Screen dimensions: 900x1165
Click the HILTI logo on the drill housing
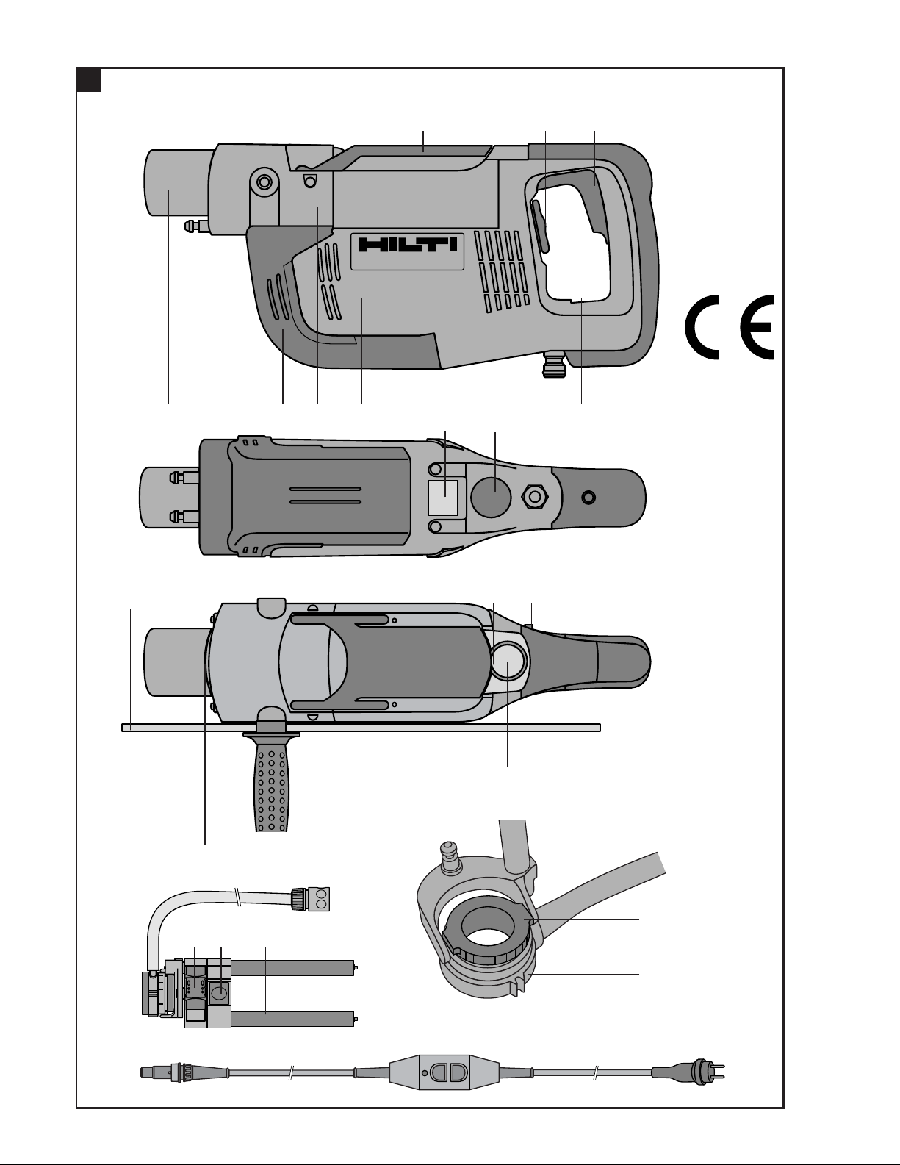click(408, 245)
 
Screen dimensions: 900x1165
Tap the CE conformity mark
click(730, 327)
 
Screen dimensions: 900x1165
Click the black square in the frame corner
click(88, 80)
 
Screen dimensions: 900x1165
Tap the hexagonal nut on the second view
click(534, 497)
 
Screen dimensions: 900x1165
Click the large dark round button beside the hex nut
click(491, 497)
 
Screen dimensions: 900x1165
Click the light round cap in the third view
click(508, 661)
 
